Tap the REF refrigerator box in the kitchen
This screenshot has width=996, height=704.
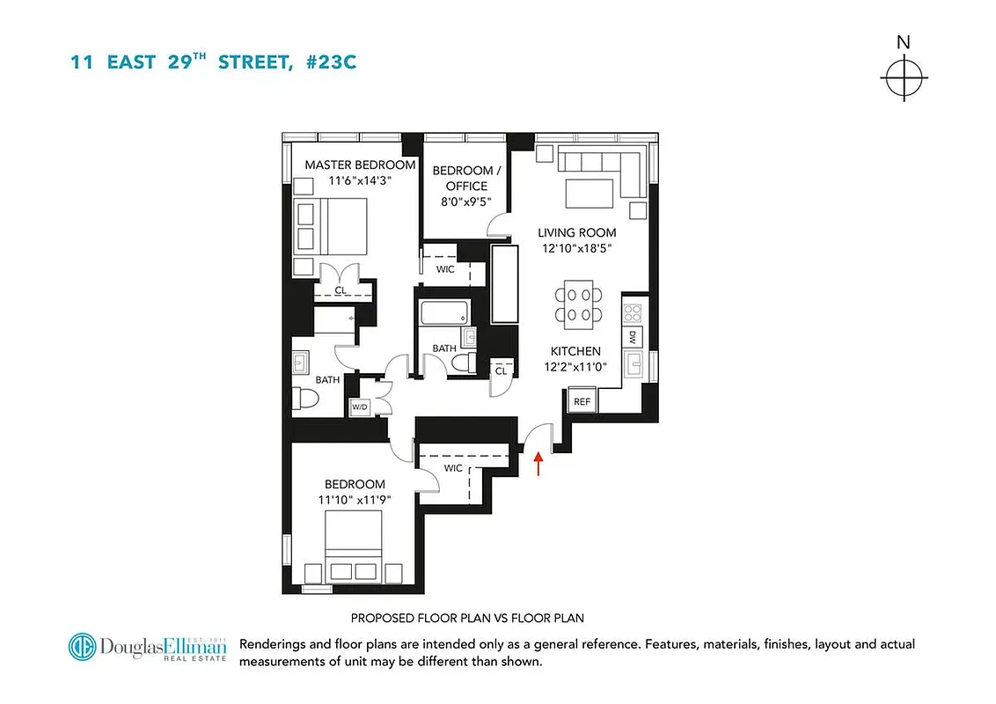pos(582,401)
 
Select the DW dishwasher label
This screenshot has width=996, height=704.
pos(633,336)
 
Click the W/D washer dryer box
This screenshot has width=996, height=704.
pos(359,407)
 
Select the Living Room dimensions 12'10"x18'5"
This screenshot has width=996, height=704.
pos(577,248)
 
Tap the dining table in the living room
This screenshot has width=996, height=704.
pos(578,304)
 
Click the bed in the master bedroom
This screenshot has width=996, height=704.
pos(331,226)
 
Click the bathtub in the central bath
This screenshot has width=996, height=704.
pos(444,312)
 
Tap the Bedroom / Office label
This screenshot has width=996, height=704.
pos(466,178)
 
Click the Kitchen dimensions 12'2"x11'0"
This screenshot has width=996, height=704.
pos(576,366)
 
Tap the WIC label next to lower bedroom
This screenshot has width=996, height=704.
pos(453,468)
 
